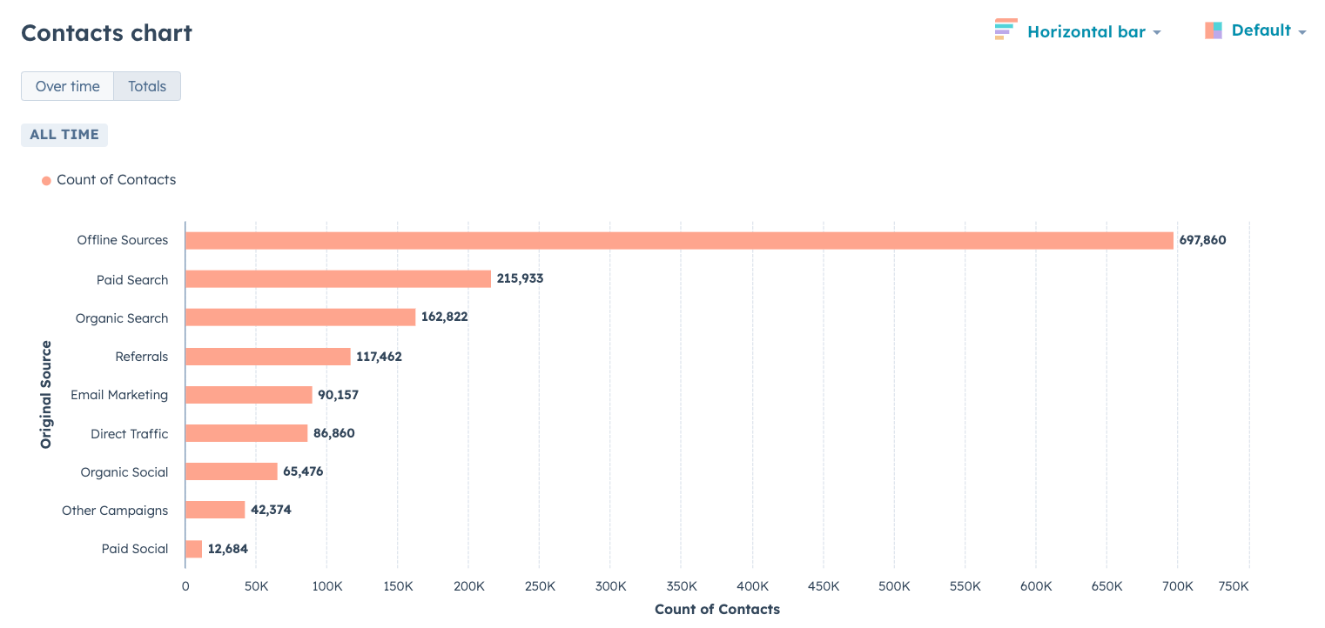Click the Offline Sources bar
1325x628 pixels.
click(679, 241)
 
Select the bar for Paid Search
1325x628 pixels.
click(338, 279)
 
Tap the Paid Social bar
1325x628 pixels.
click(193, 549)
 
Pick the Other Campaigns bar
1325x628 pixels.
click(215, 510)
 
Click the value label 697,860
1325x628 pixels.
click(1202, 240)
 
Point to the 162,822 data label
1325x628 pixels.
click(444, 317)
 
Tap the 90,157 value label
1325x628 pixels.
click(338, 395)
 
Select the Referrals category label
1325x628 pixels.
click(142, 357)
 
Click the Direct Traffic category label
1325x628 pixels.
click(130, 434)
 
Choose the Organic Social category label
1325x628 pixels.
click(124, 472)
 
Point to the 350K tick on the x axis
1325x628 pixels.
click(682, 587)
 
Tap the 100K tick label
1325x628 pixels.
click(326, 587)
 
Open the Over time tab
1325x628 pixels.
click(68, 87)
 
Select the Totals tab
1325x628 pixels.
click(147, 87)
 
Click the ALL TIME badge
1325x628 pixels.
click(64, 135)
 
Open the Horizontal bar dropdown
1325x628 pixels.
click(1079, 32)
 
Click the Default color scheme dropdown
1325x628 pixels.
click(1256, 31)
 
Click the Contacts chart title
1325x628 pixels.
click(106, 33)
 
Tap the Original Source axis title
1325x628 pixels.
click(46, 395)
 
